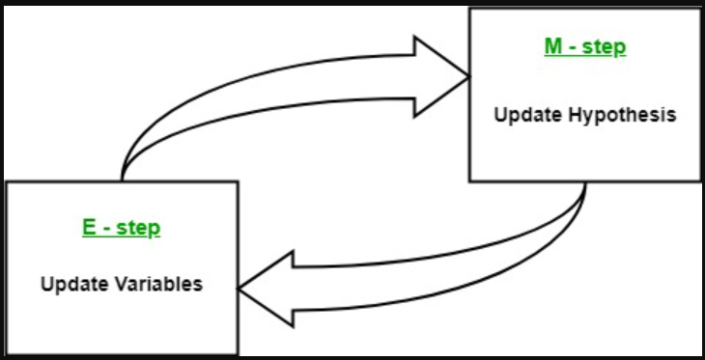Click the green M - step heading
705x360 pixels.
coord(584,48)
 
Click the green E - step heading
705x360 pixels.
coord(121,229)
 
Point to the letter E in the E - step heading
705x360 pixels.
coord(88,229)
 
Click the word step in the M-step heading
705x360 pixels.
coord(606,48)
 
